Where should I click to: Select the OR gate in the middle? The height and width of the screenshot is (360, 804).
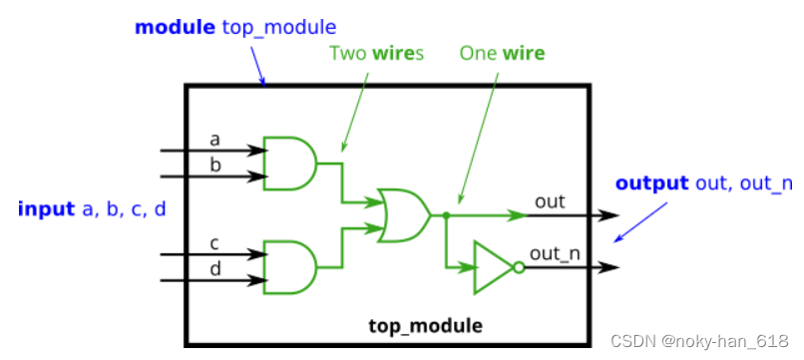[403, 214]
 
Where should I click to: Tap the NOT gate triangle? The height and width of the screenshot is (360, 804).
[491, 267]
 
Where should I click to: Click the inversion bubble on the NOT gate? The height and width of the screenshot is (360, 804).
[517, 267]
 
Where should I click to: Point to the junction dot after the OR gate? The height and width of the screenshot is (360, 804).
[446, 214]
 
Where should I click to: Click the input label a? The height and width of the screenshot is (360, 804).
[214, 138]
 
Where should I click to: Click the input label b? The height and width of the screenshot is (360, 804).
[214, 164]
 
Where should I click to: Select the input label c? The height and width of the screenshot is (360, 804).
[214, 241]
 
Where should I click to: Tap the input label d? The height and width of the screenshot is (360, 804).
[214, 267]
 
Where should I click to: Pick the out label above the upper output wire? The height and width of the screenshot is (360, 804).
[550, 201]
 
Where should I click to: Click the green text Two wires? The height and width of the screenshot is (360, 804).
[376, 52]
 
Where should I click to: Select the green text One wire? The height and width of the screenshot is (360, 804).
[502, 52]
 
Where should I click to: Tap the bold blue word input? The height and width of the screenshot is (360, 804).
[46, 208]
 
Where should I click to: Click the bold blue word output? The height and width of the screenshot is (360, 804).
[651, 183]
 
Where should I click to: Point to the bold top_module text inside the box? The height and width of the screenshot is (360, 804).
[425, 325]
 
